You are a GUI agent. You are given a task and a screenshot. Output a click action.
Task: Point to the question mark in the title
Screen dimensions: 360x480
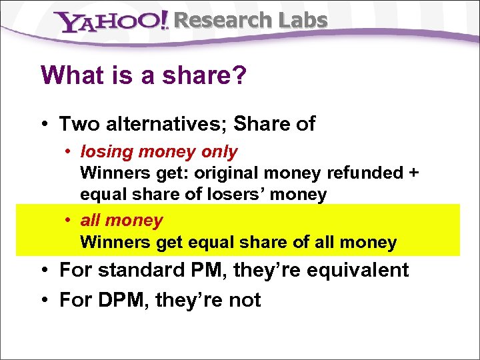click(x=240, y=75)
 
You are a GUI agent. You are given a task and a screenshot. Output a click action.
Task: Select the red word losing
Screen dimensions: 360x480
click(x=107, y=151)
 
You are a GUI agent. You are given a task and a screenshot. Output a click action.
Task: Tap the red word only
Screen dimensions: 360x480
click(x=219, y=151)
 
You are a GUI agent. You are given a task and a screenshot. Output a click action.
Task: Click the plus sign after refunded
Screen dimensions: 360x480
click(x=414, y=173)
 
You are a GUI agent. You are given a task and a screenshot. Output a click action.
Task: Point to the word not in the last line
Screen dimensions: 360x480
click(x=244, y=300)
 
